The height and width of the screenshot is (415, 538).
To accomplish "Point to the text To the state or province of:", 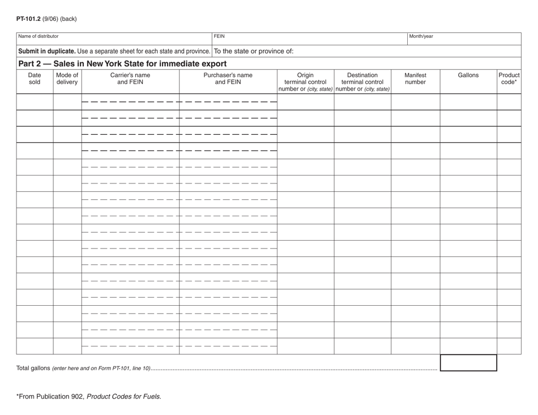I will point(254,51).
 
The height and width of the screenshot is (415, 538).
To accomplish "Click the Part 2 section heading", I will point(122,63).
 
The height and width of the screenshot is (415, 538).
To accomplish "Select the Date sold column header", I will point(35,78).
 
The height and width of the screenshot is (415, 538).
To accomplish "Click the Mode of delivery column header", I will point(67,78).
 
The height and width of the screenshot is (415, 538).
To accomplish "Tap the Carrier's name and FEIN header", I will point(130,78).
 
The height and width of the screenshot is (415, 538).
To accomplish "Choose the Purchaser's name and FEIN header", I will point(228,78).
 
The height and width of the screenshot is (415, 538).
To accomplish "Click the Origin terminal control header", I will point(305,82).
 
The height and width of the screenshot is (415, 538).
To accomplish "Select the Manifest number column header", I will point(415,78).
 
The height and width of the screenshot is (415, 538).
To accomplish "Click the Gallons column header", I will point(468,75).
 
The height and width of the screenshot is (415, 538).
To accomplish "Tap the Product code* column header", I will point(509,78).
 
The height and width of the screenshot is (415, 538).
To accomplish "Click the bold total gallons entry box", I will point(468,363).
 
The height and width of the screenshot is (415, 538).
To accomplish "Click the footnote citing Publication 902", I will point(89,397).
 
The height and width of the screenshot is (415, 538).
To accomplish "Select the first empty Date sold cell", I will point(35,102).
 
